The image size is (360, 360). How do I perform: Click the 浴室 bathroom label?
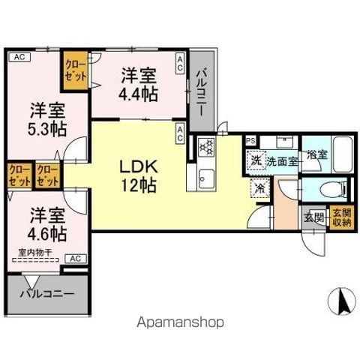tap(316, 154)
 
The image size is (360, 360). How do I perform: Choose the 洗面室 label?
tap(282, 160)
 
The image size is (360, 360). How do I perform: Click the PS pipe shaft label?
tap(250, 139)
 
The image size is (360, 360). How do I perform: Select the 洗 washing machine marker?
tap(255, 160)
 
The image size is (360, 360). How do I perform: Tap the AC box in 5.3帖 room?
tap(19, 57)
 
